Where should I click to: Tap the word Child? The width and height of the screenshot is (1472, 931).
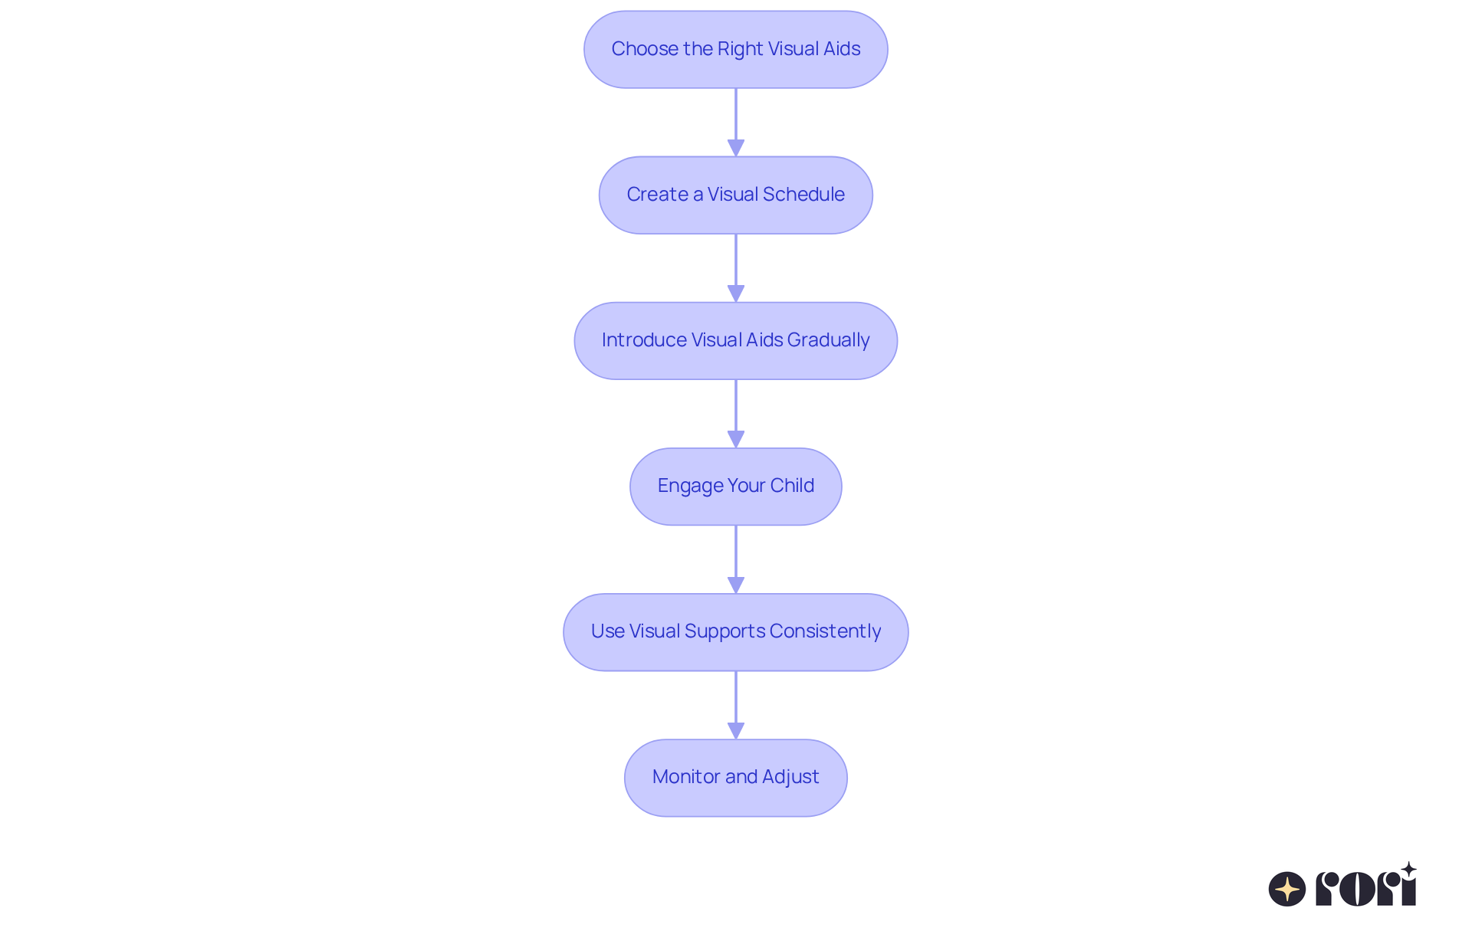tap(792, 486)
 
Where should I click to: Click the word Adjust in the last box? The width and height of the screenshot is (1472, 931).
tap(790, 777)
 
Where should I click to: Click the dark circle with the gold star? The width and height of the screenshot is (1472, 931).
tap(1287, 889)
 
